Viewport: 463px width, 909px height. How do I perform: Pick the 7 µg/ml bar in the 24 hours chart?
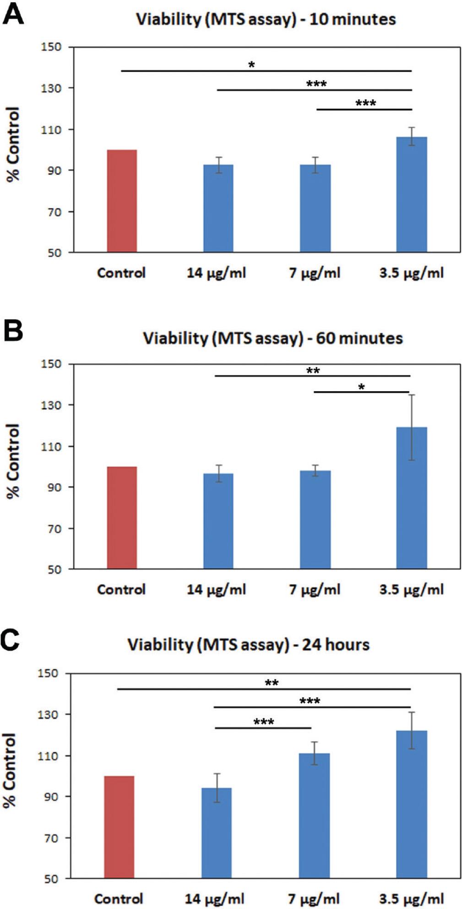click(314, 816)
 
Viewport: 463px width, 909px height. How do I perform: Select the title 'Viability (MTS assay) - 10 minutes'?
click(266, 19)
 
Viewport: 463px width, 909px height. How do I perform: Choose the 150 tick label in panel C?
click(48, 673)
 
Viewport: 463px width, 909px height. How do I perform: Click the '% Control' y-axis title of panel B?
click(13, 461)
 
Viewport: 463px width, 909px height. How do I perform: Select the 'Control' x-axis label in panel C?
click(118, 898)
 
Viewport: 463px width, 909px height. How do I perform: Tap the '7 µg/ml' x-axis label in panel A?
click(314, 273)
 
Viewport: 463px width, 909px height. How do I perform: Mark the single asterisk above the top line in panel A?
click(251, 65)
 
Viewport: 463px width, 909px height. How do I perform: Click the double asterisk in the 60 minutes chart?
click(313, 371)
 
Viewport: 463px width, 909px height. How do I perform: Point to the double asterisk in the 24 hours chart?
click(272, 683)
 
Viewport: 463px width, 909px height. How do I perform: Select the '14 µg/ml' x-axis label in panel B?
click(216, 590)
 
